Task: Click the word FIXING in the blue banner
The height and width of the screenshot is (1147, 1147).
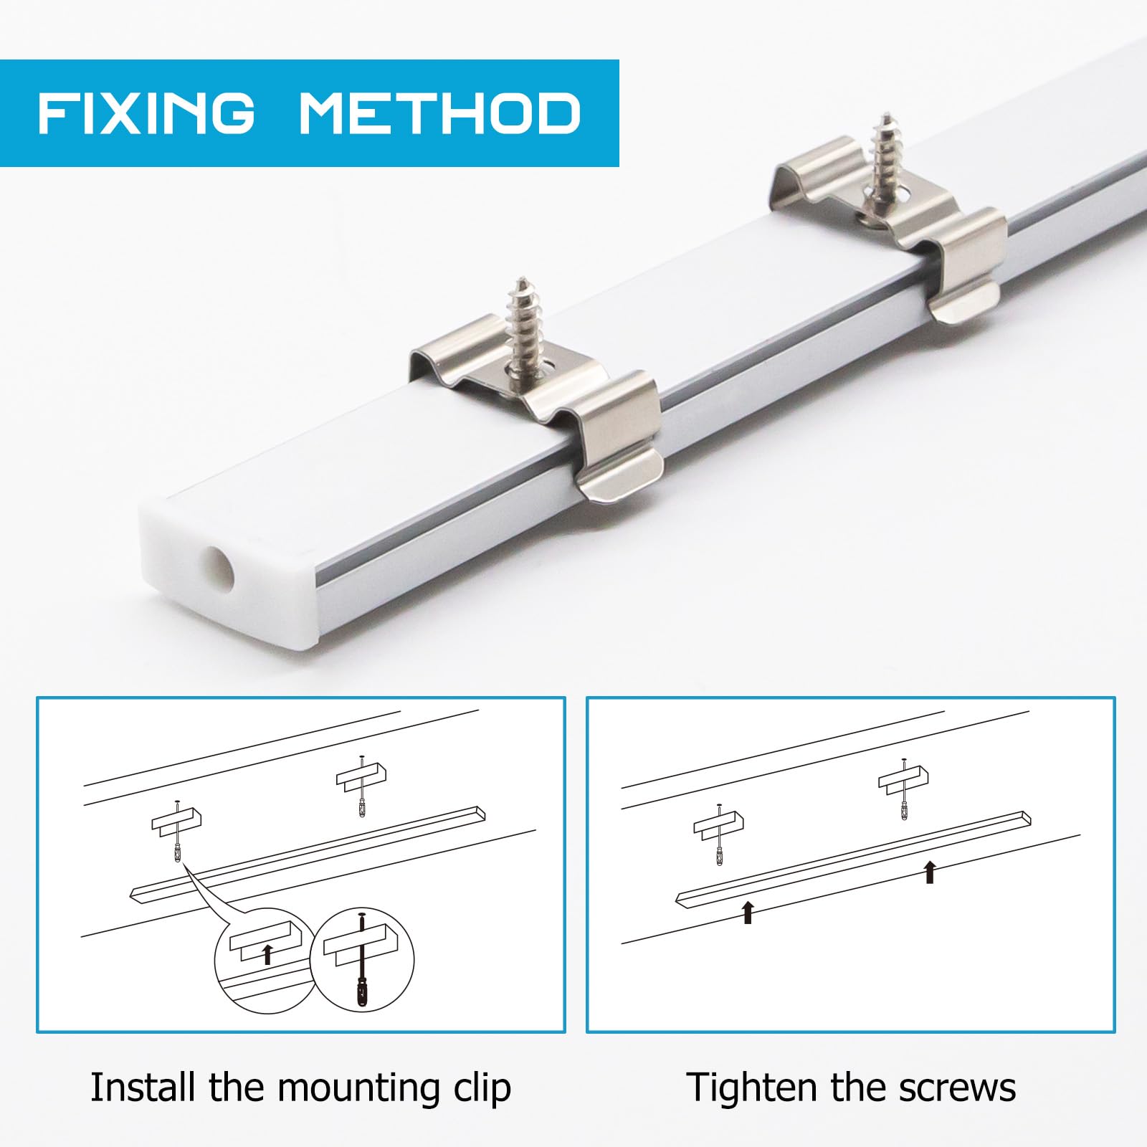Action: click(146, 113)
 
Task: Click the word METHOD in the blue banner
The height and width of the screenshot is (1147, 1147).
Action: click(439, 113)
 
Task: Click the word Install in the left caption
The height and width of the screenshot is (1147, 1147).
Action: click(144, 1087)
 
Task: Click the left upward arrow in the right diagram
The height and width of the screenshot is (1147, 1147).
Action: click(748, 911)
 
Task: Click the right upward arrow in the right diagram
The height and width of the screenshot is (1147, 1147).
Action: click(930, 872)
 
